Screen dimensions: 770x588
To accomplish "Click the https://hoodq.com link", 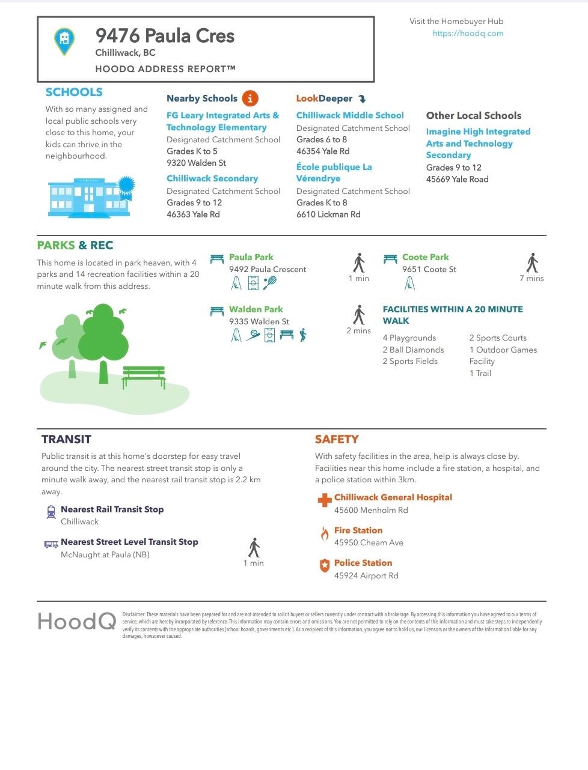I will click(468, 34).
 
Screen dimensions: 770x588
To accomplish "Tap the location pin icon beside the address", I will click(64, 41).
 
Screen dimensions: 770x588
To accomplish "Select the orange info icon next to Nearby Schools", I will click(250, 99).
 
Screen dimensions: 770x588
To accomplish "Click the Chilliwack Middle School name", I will click(350, 115).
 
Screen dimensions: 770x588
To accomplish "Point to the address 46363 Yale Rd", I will click(193, 214).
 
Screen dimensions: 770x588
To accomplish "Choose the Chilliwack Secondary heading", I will click(212, 178).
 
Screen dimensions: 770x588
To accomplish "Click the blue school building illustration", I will click(89, 196).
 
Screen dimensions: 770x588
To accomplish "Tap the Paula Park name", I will click(251, 257).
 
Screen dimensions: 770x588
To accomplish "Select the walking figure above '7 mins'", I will click(531, 262).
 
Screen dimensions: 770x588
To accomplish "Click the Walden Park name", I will click(256, 309).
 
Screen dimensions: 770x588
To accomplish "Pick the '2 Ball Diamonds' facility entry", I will click(413, 350).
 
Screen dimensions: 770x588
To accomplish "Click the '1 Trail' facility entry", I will click(480, 373).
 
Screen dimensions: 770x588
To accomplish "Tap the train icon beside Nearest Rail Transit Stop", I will click(51, 512).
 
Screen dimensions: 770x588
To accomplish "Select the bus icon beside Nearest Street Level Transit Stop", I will click(51, 544).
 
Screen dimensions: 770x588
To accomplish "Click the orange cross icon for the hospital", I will click(325, 500).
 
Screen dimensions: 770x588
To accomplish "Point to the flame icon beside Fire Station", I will click(325, 533).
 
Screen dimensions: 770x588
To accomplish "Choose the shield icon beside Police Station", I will click(325, 565).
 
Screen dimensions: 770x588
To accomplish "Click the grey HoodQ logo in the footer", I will click(77, 621).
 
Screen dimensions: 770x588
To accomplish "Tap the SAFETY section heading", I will click(337, 439).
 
